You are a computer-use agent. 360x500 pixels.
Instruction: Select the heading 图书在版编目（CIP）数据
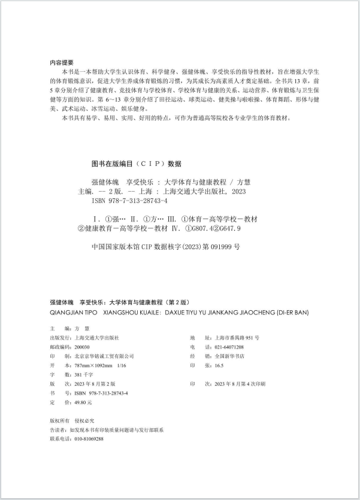pos(135,163)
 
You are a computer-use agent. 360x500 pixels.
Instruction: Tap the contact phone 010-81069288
pos(87,439)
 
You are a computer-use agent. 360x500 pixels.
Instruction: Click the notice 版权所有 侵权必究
pos(68,421)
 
